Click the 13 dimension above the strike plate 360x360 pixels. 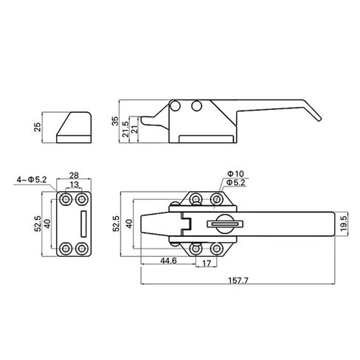[x=75, y=186]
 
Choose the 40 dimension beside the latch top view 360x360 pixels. [x=130, y=224]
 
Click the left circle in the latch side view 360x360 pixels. [x=177, y=107]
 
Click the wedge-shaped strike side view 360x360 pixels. [x=73, y=126]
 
